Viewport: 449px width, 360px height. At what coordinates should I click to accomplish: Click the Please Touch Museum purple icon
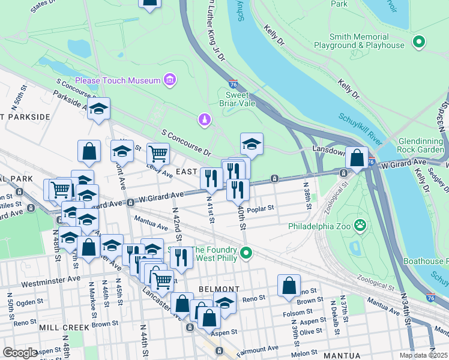170,80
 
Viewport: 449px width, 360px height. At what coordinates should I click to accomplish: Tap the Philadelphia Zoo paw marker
360,226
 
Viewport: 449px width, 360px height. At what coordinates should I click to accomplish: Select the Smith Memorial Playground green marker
419,42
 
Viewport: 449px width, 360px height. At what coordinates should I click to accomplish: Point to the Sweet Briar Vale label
240,99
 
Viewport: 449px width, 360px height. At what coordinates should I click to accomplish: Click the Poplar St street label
260,209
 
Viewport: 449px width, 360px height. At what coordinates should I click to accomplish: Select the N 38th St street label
307,196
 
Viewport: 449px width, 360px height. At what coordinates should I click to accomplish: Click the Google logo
20,353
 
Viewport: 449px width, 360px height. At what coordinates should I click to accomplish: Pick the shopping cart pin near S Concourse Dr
158,154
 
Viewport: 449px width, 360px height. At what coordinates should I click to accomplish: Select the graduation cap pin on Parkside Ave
99,109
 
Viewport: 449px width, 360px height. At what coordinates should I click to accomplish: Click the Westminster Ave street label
50,279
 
